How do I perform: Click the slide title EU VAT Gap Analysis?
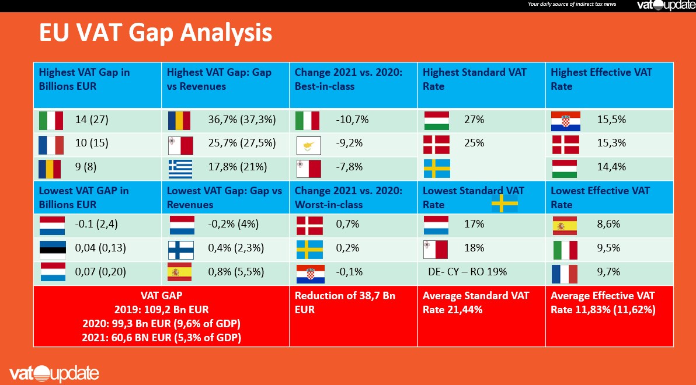155,33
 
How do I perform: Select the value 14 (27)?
92,120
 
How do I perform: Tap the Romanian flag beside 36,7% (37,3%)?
179,121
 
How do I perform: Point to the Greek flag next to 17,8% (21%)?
179,169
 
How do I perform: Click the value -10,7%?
352,120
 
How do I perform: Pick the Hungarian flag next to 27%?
436,121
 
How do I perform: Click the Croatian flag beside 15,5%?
565,121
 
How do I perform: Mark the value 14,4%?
611,167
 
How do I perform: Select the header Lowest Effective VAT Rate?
600,198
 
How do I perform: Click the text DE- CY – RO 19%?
467,272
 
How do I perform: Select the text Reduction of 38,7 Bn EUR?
344,303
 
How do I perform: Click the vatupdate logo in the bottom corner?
54,373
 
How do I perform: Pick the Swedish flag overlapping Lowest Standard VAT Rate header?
504,203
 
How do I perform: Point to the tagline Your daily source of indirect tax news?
572,4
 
